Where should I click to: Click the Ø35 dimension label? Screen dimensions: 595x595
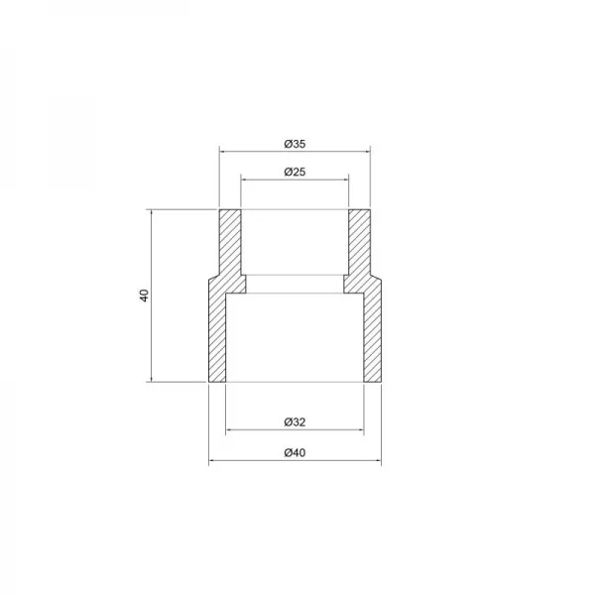(x=295, y=144)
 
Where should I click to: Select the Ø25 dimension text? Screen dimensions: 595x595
(x=295, y=172)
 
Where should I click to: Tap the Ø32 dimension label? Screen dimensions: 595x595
(x=295, y=422)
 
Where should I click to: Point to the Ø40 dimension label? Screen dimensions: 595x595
(x=295, y=453)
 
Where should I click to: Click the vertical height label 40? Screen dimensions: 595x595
(x=144, y=296)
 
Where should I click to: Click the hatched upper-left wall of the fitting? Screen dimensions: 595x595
(x=230, y=243)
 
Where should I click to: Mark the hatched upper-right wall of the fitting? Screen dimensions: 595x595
(x=359, y=243)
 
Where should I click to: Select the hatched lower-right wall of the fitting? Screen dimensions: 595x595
(x=372, y=337)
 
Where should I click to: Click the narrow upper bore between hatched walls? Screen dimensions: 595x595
(x=295, y=243)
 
